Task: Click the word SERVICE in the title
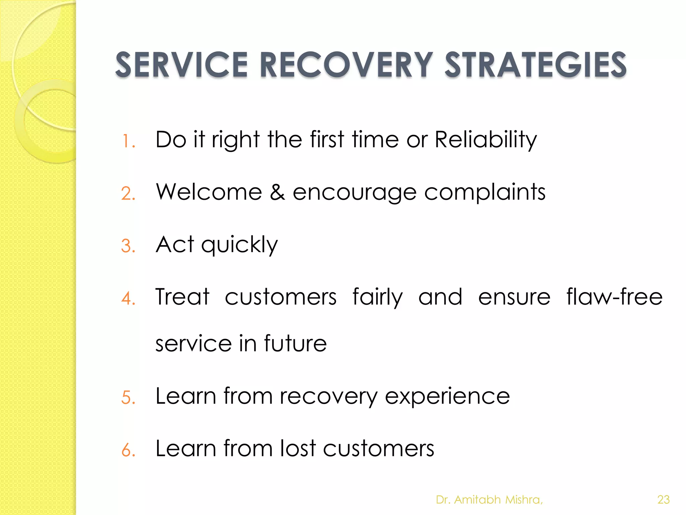(181, 65)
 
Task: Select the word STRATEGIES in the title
(535, 65)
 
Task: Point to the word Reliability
(486, 140)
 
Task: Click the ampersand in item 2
(277, 192)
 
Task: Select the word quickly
(239, 245)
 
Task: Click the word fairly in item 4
(378, 297)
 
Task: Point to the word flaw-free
(614, 297)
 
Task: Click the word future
(295, 343)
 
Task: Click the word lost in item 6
(298, 448)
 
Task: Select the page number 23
(663, 500)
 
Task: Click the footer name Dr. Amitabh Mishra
(489, 500)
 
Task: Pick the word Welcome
(209, 192)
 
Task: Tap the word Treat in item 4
(183, 297)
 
